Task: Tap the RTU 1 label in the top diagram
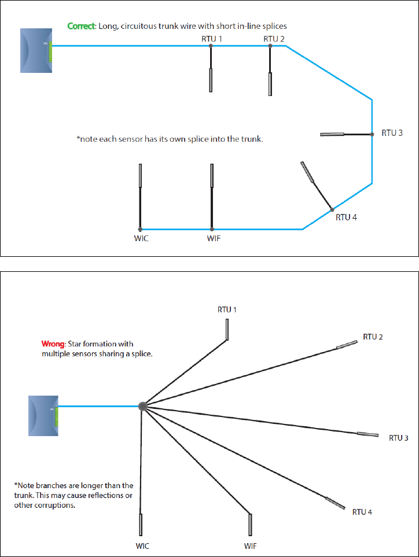tap(211, 39)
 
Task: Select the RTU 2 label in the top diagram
tap(274, 39)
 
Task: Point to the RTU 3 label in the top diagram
tap(392, 133)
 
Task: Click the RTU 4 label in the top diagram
tap(347, 218)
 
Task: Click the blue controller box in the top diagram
tap(36, 51)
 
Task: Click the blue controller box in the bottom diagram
tap(43, 415)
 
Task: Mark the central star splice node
tap(142, 406)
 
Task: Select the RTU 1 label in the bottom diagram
tap(227, 310)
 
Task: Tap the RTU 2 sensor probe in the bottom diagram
tap(348, 345)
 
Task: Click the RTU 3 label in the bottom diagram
tap(398, 438)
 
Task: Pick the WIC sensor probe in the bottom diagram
tap(141, 525)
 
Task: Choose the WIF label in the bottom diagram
tap(251, 545)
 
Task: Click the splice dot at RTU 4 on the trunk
tap(332, 209)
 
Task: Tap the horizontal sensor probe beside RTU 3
tap(333, 135)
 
